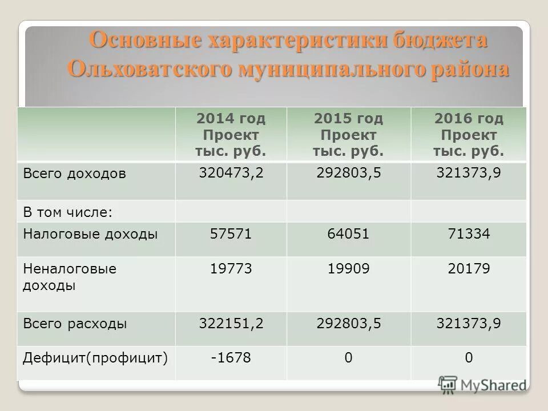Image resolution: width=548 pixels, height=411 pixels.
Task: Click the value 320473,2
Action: pyautogui.click(x=231, y=172)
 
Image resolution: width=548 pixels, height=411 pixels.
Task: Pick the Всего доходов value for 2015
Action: pyautogui.click(x=349, y=172)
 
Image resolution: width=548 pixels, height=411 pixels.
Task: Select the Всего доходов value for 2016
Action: pyautogui.click(x=469, y=172)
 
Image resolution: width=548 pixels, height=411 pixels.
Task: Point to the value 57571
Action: pyautogui.click(x=231, y=234)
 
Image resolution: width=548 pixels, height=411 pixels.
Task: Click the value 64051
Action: pyautogui.click(x=349, y=234)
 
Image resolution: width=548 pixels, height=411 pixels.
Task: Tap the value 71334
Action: pyautogui.click(x=469, y=234)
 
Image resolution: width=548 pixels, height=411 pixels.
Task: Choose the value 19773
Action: pyautogui.click(x=231, y=269)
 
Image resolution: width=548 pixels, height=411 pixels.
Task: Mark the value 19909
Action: pyautogui.click(x=349, y=269)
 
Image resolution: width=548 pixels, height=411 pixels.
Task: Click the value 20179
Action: pyautogui.click(x=469, y=269)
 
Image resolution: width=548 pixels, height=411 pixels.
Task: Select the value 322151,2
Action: pyautogui.click(x=231, y=324)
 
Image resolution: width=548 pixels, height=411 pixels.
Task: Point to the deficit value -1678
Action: pyautogui.click(x=231, y=358)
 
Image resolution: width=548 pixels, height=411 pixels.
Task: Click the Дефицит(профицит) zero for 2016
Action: pyautogui.click(x=469, y=358)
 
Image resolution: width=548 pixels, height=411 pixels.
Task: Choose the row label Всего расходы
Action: pyautogui.click(x=75, y=324)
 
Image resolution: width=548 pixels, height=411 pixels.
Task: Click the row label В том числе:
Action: pyautogui.click(x=67, y=212)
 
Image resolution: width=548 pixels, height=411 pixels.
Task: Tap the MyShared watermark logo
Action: pyautogui.click(x=482, y=384)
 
